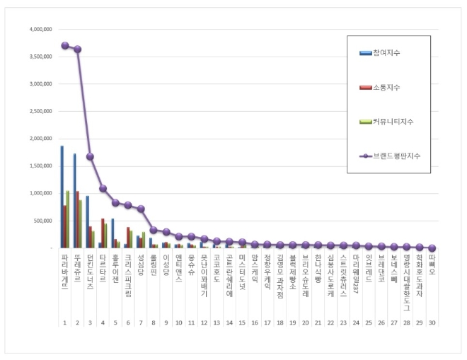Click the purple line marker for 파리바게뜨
point(64,45)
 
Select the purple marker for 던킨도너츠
point(90,156)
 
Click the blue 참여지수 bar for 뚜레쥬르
point(74,201)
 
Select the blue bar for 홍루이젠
point(113,233)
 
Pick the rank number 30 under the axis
point(432,323)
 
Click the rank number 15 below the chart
point(242,323)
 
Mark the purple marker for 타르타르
point(103,189)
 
